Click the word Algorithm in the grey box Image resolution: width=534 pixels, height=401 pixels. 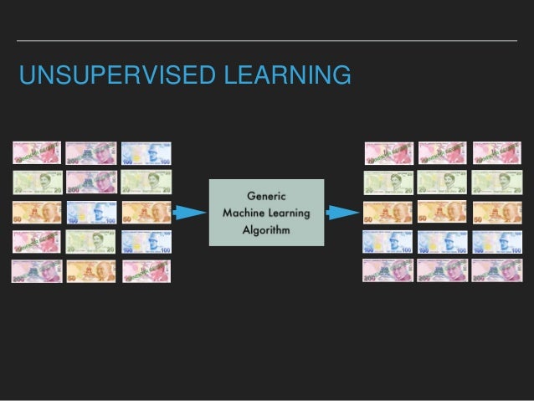pyautogui.click(x=266, y=230)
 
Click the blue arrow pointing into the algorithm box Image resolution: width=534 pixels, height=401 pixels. pyautogui.click(x=190, y=212)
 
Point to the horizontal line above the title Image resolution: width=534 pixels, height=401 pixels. pyautogui.click(x=267, y=40)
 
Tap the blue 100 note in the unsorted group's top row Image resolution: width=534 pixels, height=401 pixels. pyautogui.click(x=146, y=153)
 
